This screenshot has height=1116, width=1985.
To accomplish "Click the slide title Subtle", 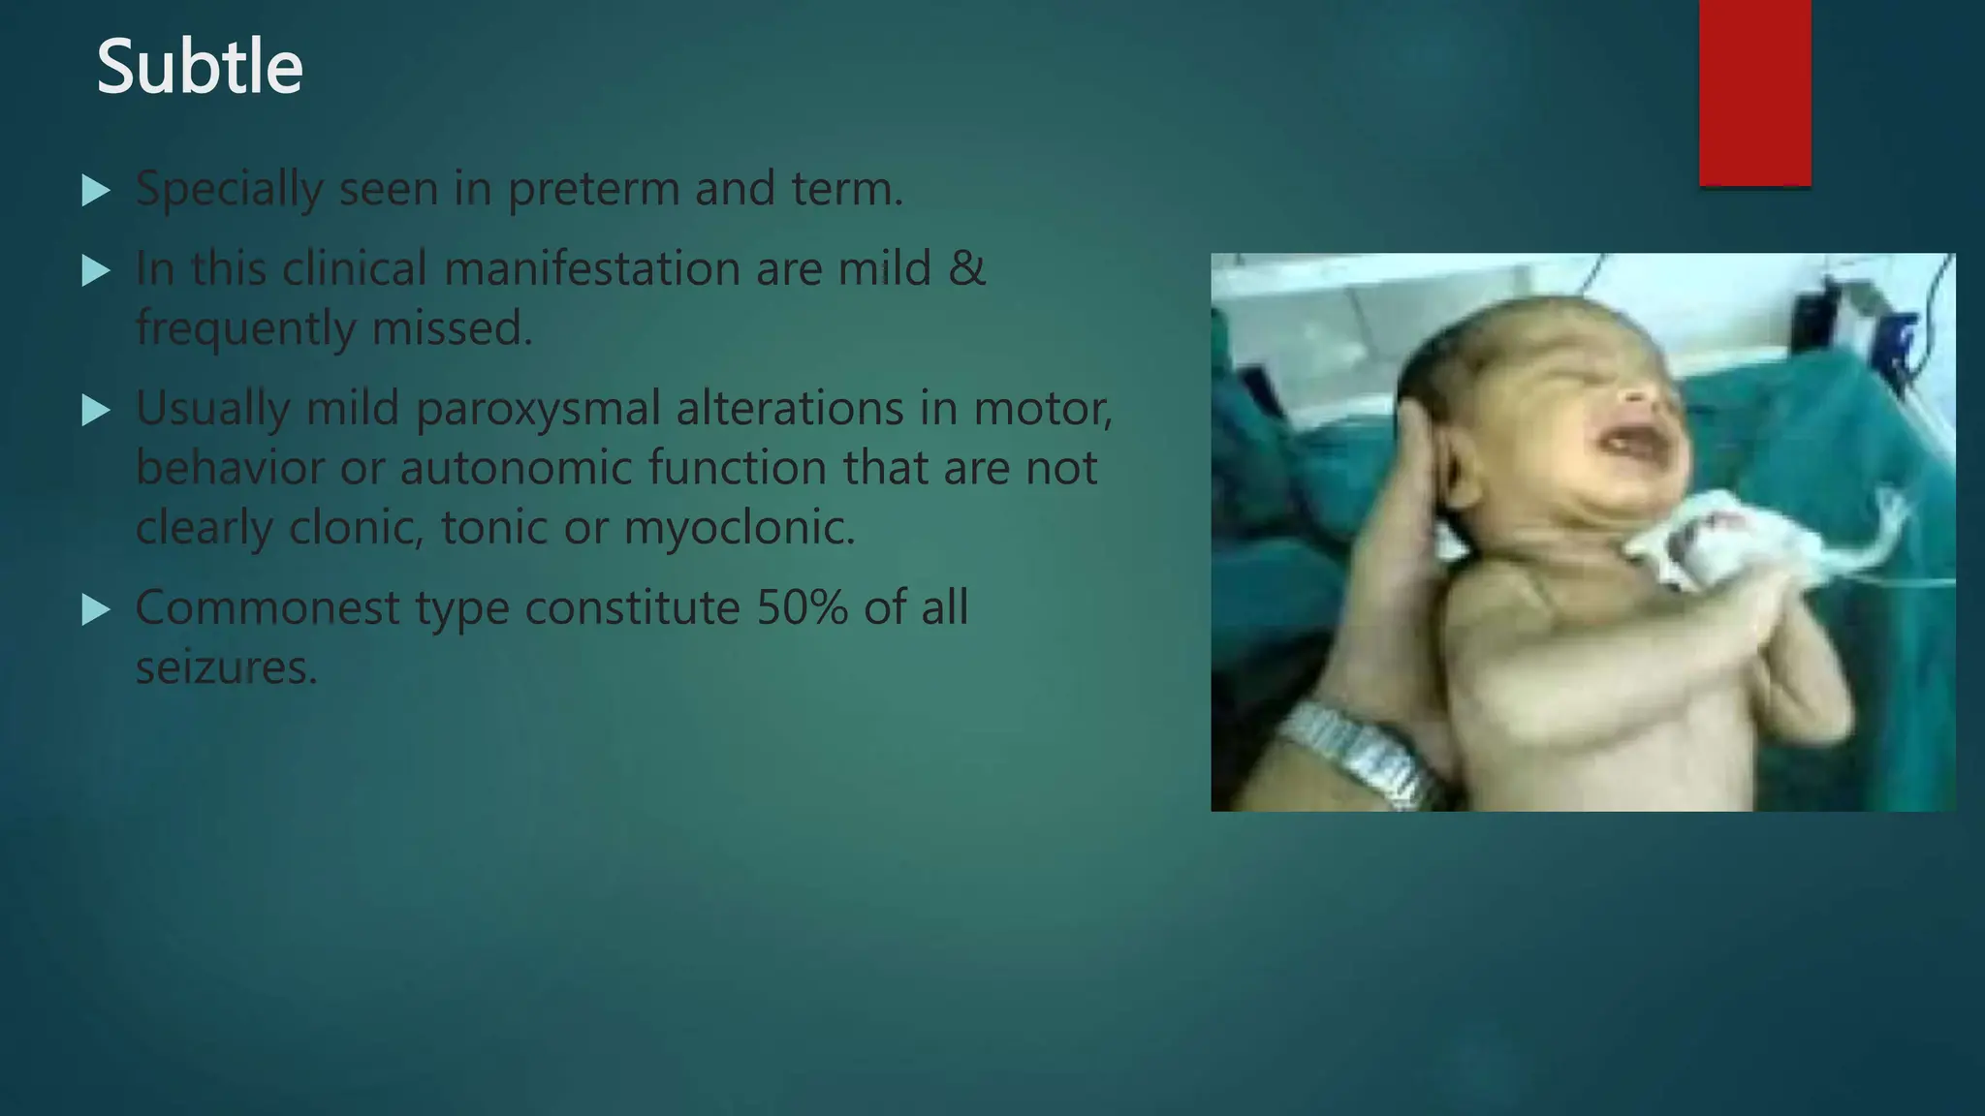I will pyautogui.click(x=200, y=68).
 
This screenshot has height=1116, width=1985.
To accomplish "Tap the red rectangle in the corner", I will pyautogui.click(x=1754, y=92).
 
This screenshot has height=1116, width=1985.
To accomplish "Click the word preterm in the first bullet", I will pyautogui.click(x=593, y=190).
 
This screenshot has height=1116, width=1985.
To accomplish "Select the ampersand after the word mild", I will pyautogui.click(x=966, y=268).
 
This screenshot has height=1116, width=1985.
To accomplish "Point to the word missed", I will pyautogui.click(x=452, y=328).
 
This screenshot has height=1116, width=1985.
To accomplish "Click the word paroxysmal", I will pyautogui.click(x=538, y=410).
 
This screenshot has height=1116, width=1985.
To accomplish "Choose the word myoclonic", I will pyautogui.click(x=740, y=529).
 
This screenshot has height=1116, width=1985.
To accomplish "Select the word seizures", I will pyautogui.click(x=227, y=668).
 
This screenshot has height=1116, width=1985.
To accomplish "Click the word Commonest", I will pyautogui.click(x=268, y=608).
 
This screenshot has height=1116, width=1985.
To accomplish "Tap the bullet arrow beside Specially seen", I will pyautogui.click(x=96, y=190).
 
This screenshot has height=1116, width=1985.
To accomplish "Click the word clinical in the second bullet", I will pyautogui.click(x=355, y=268).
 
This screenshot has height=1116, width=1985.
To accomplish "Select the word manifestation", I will pyautogui.click(x=592, y=268).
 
